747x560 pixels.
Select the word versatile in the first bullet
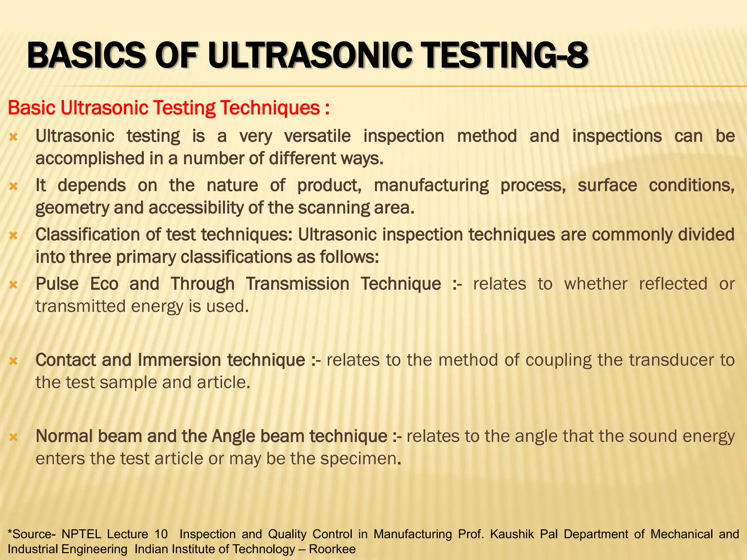pos(317,136)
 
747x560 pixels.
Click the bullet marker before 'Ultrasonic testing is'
pos(13,137)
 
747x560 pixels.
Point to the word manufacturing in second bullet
pos(431,185)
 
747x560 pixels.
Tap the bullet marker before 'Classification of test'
pos(13,236)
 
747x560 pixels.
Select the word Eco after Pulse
pos(104,284)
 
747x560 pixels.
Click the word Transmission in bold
pos(297,284)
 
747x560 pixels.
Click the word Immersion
pos(179,360)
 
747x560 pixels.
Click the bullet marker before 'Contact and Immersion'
pos(13,361)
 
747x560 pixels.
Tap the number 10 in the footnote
pos(161,534)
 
